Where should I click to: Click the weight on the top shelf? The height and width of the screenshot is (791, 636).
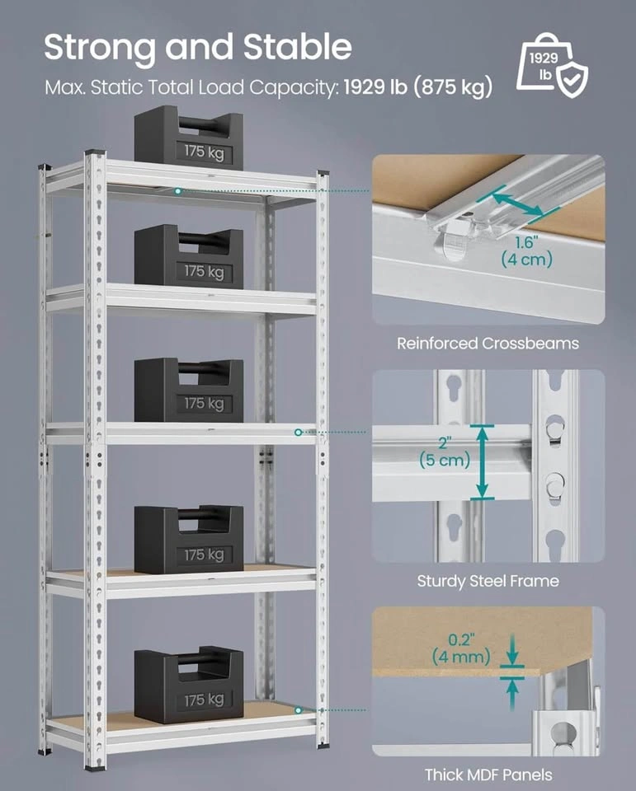tap(189, 138)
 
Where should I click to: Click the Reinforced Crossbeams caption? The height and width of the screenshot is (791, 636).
tap(488, 343)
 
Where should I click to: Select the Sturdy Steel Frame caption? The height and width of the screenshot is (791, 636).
tap(488, 581)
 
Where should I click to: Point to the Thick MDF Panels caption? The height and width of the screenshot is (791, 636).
tap(488, 775)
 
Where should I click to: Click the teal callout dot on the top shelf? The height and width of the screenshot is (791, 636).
tap(177, 191)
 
